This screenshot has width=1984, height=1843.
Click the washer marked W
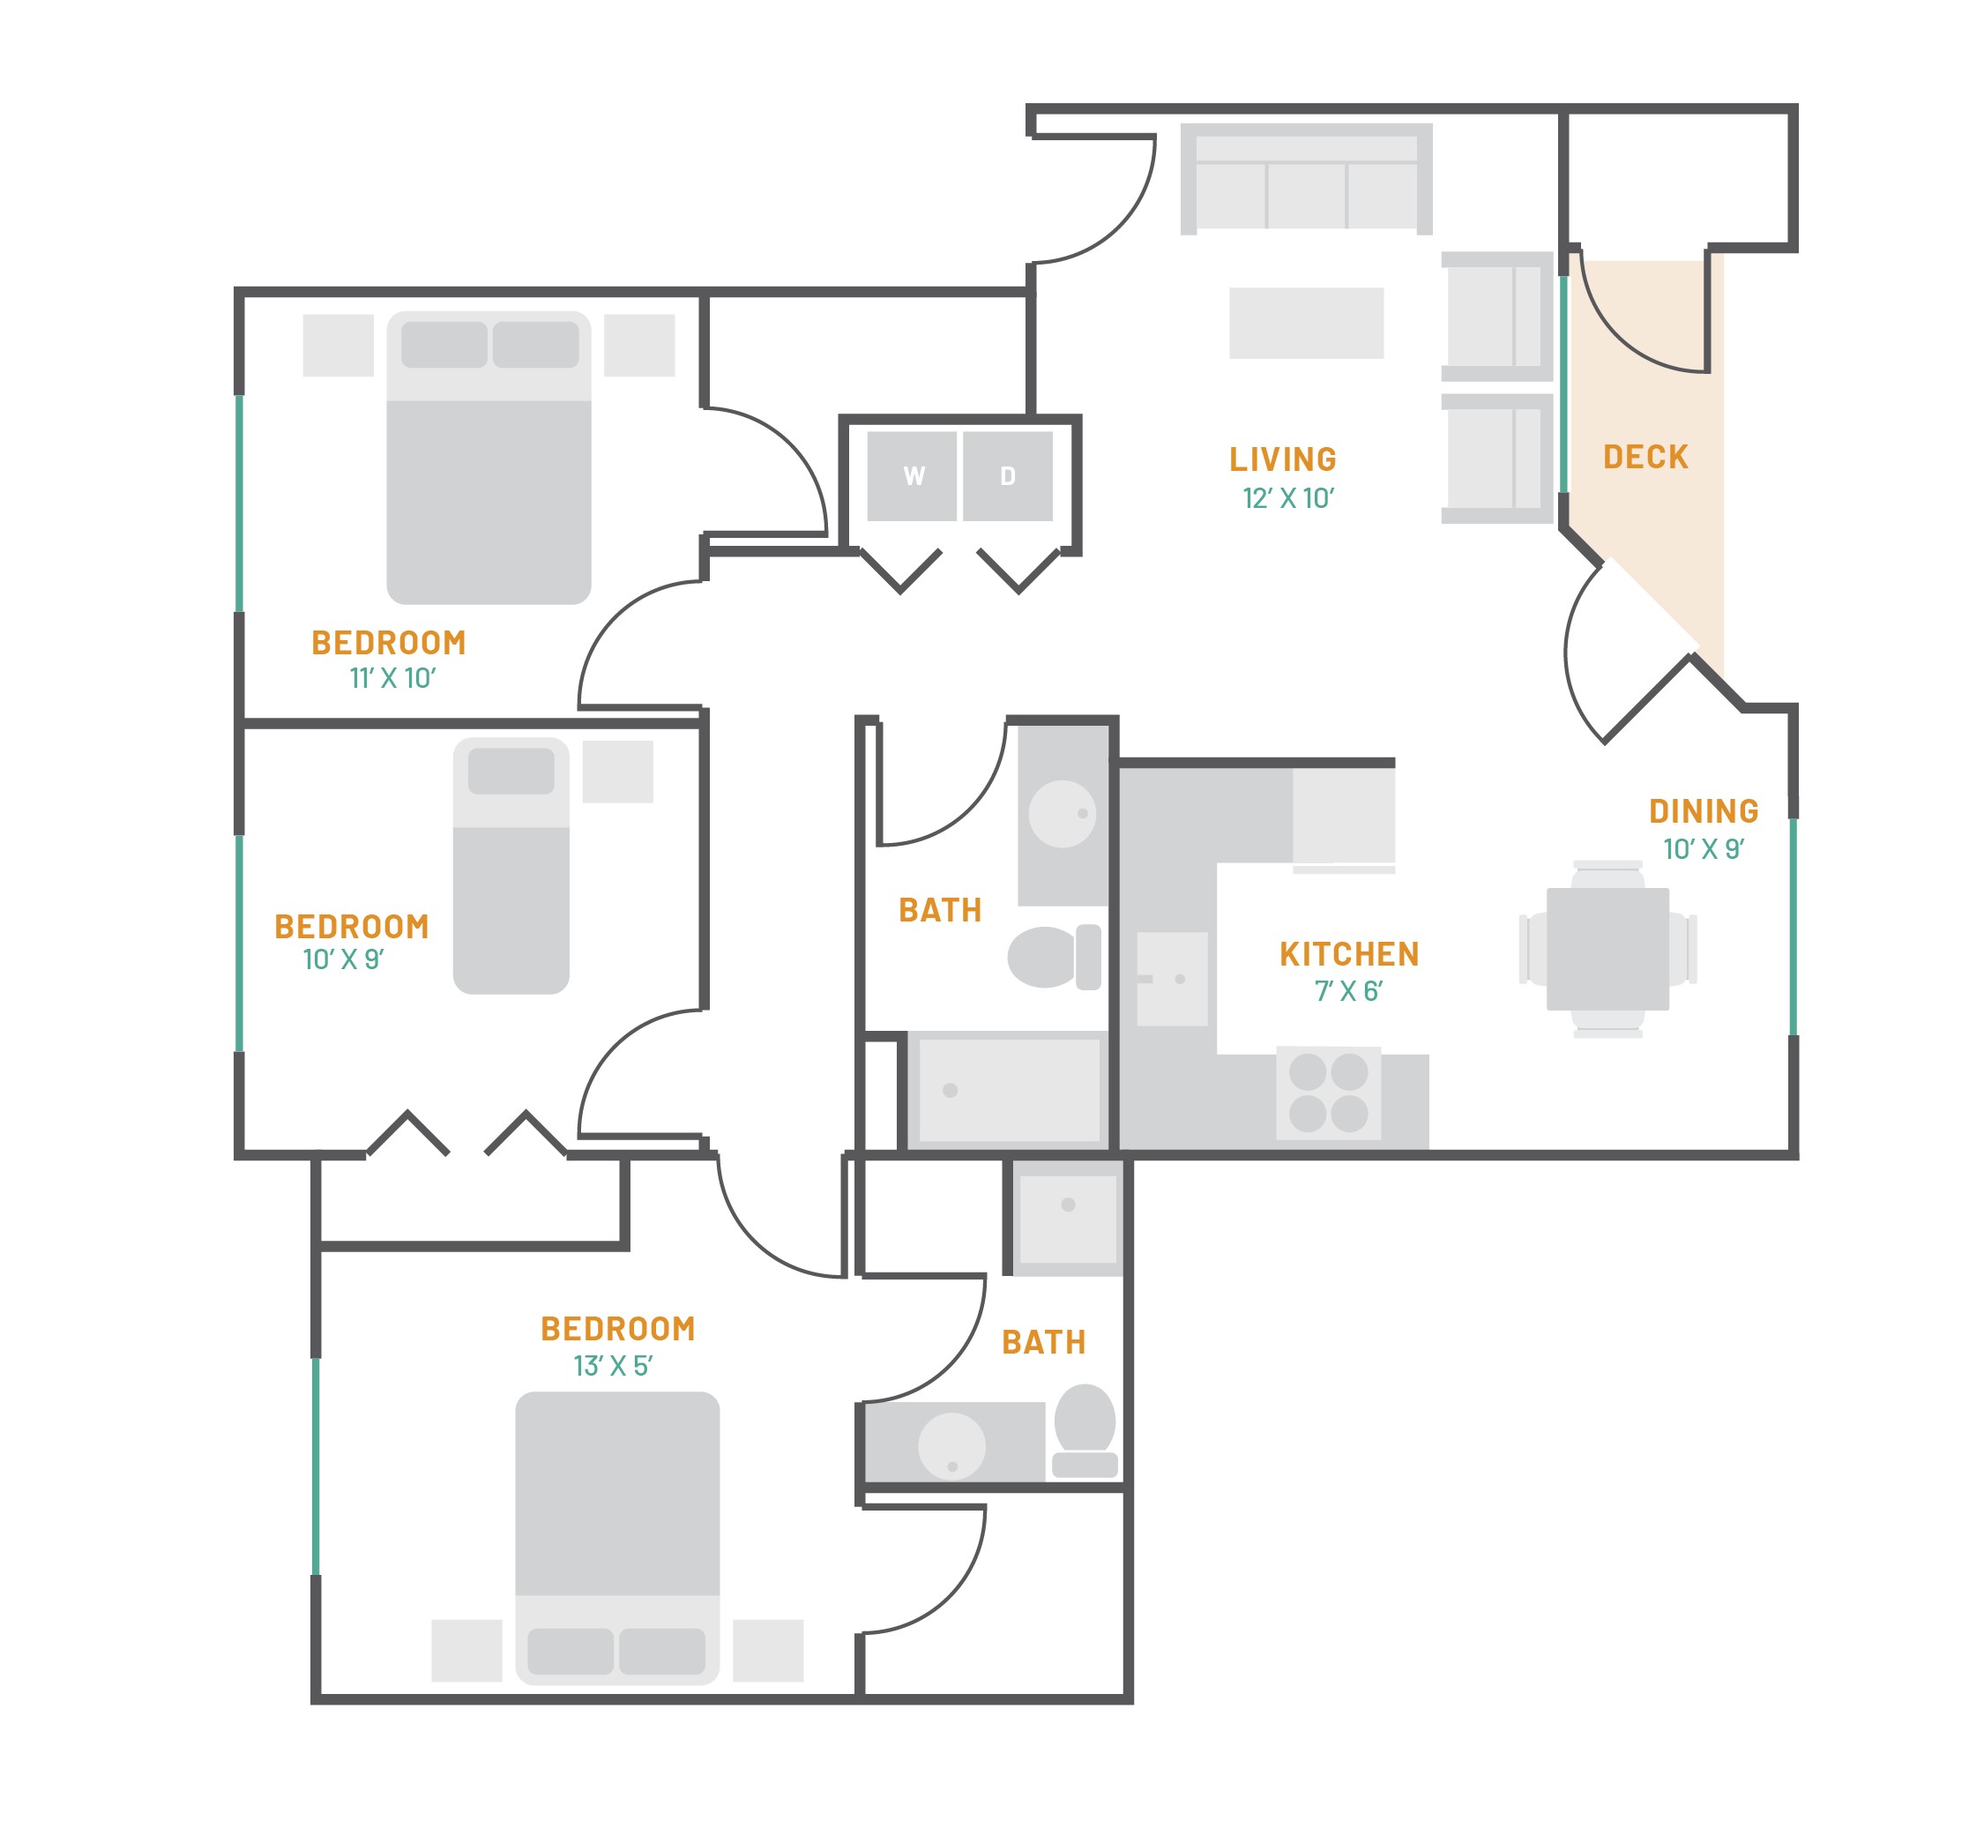pos(911,475)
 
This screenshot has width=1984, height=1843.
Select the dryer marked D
pos(1007,475)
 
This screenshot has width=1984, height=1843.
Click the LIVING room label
pos(1282,459)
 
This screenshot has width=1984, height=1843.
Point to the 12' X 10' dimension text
pos(1287,497)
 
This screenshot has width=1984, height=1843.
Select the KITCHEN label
pos(1349,953)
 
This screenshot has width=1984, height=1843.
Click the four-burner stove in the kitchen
pos(1328,1092)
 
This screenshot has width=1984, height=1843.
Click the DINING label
pos(1703,810)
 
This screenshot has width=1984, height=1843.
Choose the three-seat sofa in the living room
pos(1306,178)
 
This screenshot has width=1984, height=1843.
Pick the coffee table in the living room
pos(1306,323)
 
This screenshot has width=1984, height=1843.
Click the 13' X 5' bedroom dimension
pos(612,1365)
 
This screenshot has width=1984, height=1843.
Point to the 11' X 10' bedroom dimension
pos(392,678)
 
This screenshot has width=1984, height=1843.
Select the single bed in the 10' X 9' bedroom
pos(511,866)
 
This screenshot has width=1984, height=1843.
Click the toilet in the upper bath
pos(1054,957)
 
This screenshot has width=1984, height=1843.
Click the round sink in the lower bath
pos(951,1445)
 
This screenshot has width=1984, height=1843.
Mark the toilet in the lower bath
pos(1085,1429)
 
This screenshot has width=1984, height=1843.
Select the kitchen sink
pos(1173,978)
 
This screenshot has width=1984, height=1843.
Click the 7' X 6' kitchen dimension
pos(1348,991)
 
